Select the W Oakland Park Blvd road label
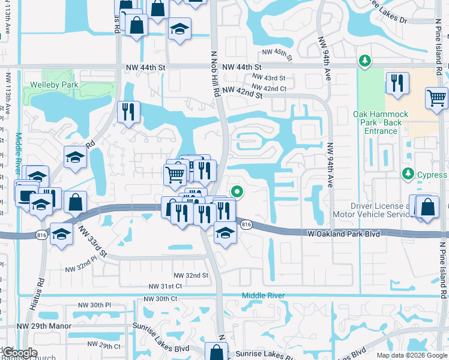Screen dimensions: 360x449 coord(344,233)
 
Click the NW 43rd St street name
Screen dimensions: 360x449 coord(268,78)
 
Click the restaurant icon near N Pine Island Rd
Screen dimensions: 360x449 coord(397,83)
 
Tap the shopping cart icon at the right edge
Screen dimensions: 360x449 coord(436,98)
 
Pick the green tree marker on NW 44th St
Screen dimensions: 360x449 coord(364,61)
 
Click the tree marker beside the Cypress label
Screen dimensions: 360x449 coord(408,173)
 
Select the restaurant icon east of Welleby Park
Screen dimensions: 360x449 coord(128,112)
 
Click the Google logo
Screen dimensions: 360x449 coord(19,353)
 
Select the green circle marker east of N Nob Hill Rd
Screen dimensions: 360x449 coord(237,192)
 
